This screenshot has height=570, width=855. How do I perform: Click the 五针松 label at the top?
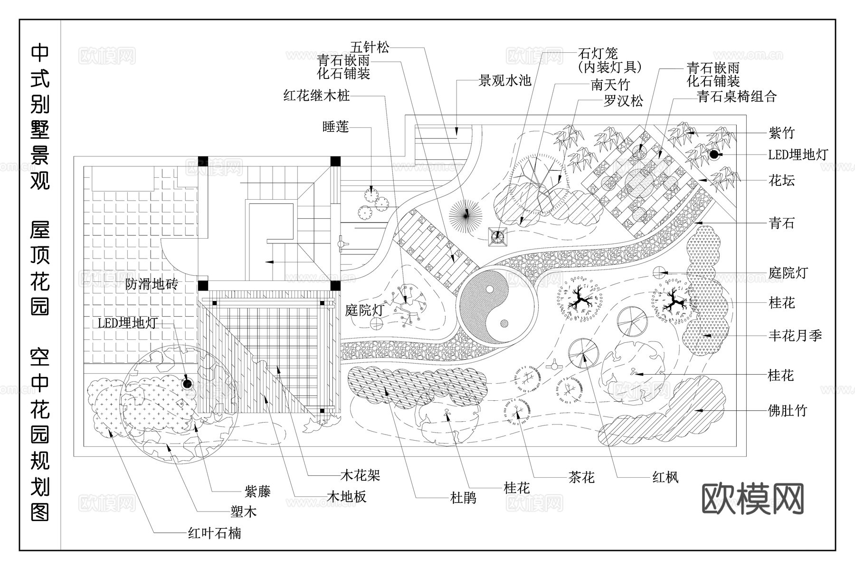(370, 47)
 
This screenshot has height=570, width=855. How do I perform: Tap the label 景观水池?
(504, 80)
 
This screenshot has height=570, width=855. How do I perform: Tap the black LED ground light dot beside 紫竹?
(713, 154)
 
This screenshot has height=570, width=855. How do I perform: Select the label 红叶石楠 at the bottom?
(214, 533)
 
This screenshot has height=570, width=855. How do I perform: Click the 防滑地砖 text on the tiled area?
(151, 284)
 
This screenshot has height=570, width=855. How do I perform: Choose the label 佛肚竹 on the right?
(787, 410)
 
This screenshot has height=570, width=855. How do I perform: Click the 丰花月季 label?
(795, 336)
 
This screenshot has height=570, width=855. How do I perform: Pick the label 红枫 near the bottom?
(665, 477)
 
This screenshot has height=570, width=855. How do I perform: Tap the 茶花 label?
(581, 477)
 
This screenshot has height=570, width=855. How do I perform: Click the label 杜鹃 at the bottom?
(463, 498)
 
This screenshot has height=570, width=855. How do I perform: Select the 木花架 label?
(360, 475)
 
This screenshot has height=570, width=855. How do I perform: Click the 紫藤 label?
(257, 491)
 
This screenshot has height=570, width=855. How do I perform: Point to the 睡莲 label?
(335, 126)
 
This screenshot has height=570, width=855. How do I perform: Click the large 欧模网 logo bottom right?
(753, 499)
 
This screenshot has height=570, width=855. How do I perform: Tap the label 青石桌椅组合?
(737, 97)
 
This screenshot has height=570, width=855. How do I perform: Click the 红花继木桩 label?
(316, 96)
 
